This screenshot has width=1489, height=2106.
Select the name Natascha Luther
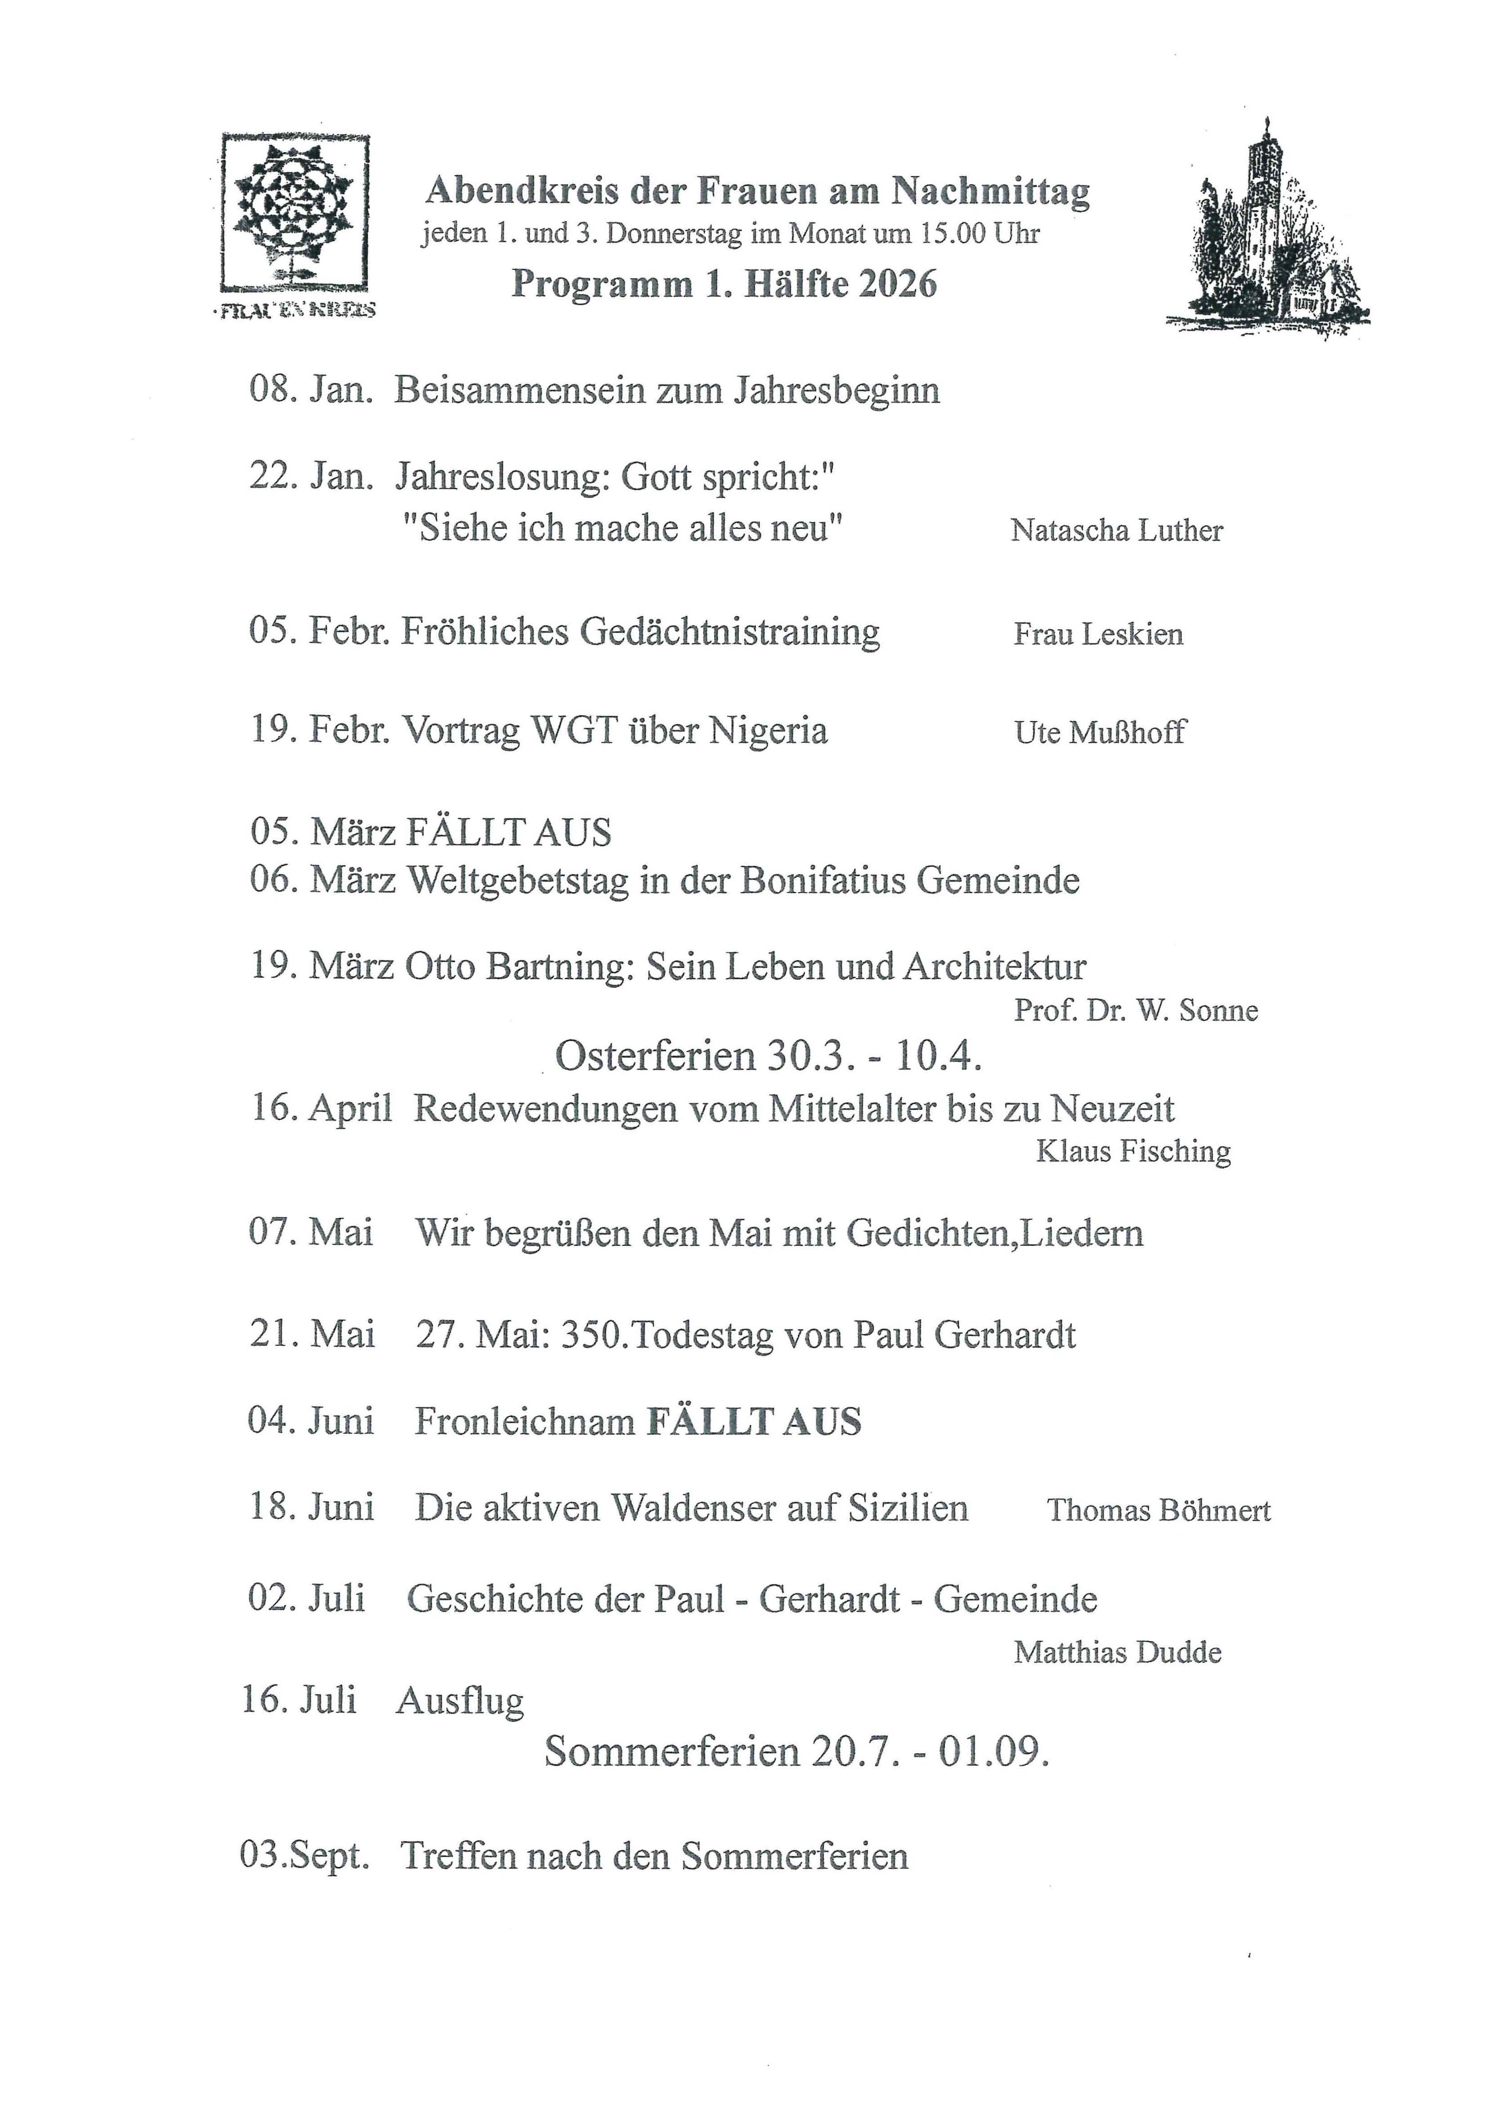(x=1117, y=530)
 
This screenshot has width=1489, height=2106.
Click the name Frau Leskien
(x=1098, y=634)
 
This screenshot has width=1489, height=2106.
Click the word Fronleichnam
(x=525, y=1421)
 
